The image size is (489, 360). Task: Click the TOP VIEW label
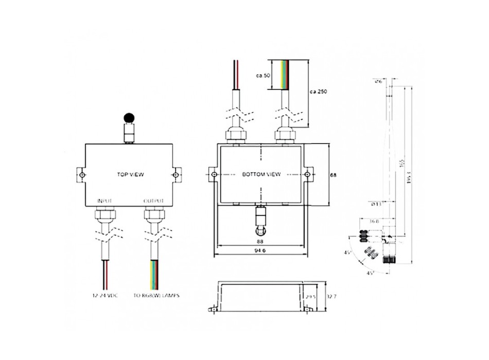coord(130,175)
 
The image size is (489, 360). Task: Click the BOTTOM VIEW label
coord(261,175)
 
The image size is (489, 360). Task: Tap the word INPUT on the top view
coord(104,200)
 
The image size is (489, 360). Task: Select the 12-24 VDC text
coord(106,296)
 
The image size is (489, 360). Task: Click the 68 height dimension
coord(333,175)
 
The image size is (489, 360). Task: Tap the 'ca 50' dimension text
coord(263,76)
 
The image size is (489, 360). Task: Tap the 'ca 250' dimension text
coord(319,92)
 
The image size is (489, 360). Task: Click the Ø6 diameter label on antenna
coord(379,81)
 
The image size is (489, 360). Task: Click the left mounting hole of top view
coord(82,175)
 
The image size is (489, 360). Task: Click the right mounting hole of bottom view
coord(307,175)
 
